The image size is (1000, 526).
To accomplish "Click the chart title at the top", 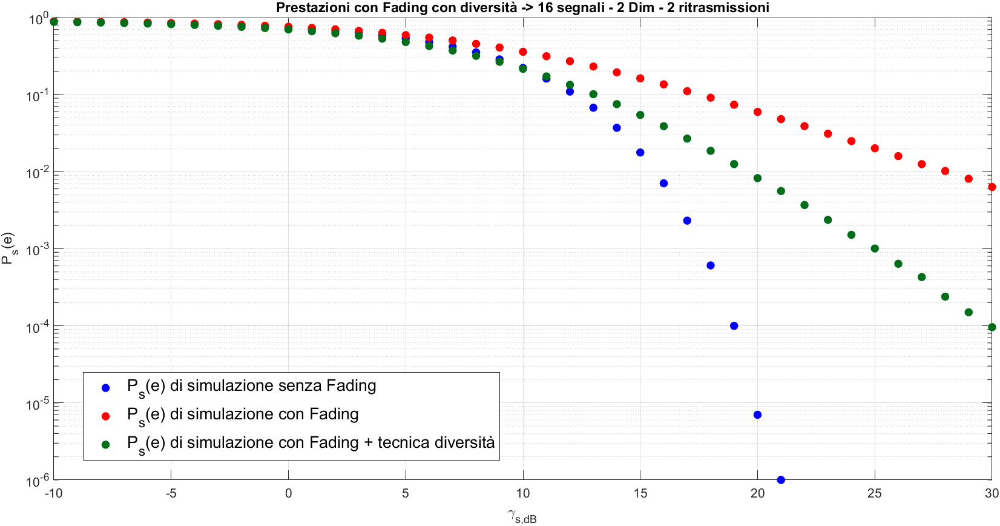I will (x=522, y=8).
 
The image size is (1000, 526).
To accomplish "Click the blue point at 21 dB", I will (x=781, y=480).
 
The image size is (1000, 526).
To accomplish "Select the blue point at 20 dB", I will (x=757, y=415).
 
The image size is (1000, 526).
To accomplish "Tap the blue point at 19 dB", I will (x=734, y=326).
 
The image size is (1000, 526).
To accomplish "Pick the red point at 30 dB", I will (x=992, y=187).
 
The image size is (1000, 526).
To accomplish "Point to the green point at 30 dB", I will (x=992, y=327).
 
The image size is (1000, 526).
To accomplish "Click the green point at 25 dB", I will (x=875, y=248).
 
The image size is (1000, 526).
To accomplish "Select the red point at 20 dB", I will (x=757, y=112).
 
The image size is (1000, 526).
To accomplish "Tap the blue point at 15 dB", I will (x=640, y=153).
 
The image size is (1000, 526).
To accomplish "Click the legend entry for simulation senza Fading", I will (x=251, y=386).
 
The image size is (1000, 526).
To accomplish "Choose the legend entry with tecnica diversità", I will (x=311, y=443).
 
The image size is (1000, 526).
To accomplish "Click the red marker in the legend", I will (x=106, y=416).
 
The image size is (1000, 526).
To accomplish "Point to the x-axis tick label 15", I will (x=640, y=493).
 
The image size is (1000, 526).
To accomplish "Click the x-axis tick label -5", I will (x=171, y=493).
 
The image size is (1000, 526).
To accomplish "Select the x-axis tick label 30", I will (x=991, y=493).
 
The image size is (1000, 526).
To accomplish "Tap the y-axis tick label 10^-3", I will (x=37, y=249).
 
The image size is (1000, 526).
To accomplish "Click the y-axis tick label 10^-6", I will (x=37, y=481).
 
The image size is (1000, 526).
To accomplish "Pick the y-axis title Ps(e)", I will (x=8, y=248).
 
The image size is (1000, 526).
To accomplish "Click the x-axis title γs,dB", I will (x=522, y=516).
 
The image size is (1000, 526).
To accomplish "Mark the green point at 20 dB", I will (x=757, y=178).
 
